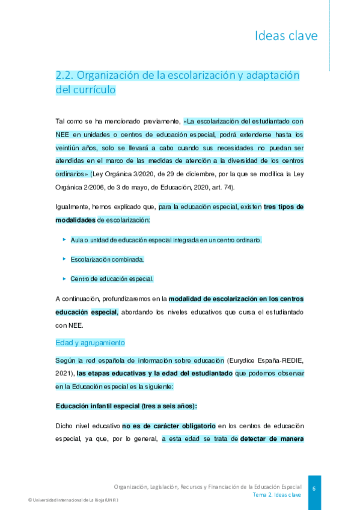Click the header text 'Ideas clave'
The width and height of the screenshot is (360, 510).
click(x=286, y=36)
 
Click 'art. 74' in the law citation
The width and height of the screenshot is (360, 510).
click(x=222, y=188)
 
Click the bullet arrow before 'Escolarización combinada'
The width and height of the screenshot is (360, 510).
click(x=64, y=259)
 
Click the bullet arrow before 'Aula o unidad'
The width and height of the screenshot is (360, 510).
click(x=64, y=239)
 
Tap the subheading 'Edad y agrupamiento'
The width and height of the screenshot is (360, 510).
click(x=90, y=342)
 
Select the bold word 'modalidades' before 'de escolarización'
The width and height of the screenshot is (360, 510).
click(x=75, y=220)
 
